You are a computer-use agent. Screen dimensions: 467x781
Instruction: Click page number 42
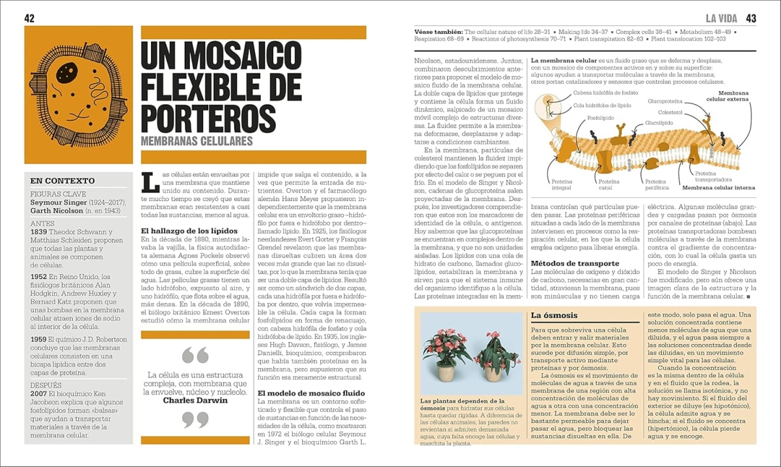pos(29,18)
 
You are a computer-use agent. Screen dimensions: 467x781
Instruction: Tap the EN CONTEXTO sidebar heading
pos(62,181)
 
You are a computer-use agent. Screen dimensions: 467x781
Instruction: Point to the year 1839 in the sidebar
pos(39,232)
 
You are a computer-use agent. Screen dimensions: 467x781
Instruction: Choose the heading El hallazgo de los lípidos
pos(189,231)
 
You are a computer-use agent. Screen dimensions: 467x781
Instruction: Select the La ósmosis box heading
pos(554,315)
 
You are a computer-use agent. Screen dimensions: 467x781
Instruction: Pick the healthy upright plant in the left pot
pos(446,351)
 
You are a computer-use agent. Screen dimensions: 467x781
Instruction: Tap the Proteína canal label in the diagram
pos(609,185)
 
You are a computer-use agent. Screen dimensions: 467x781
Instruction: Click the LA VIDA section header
pos(722,18)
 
